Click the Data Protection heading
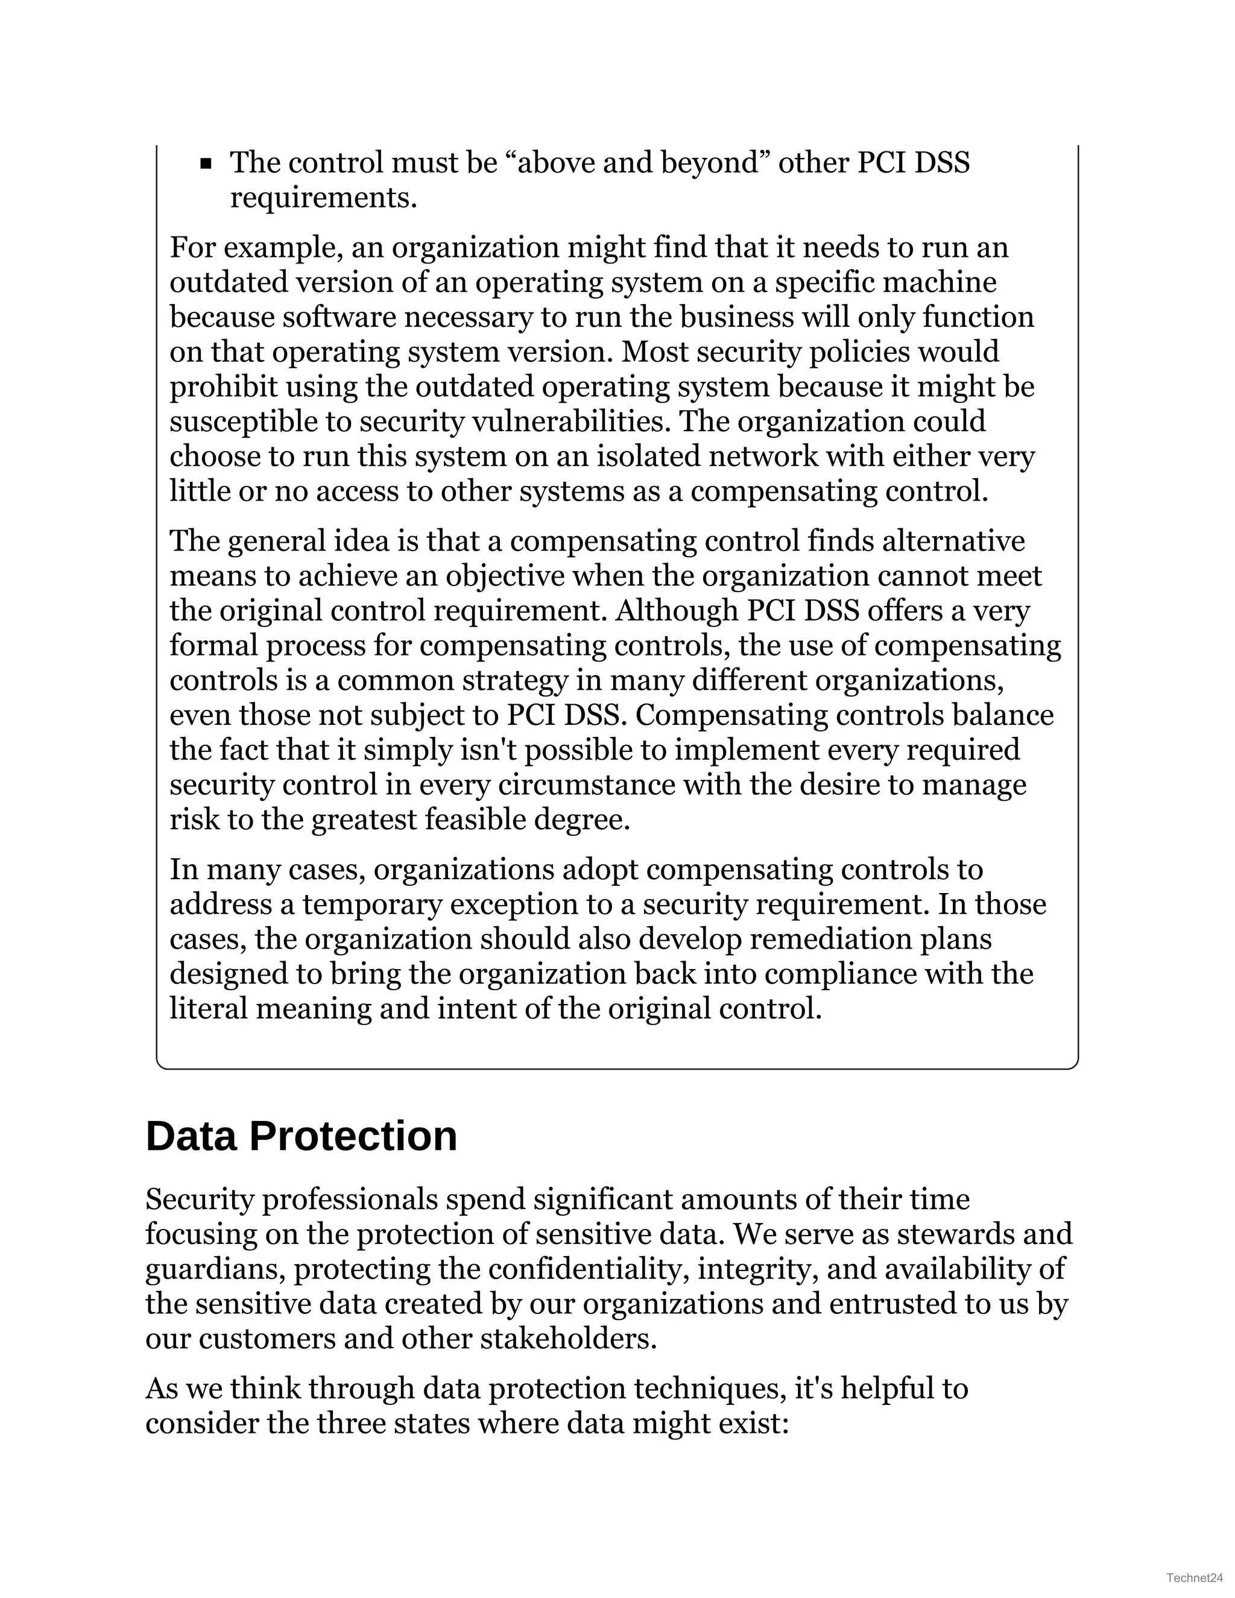click(301, 1136)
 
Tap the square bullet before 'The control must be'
click(206, 164)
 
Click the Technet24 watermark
click(1195, 1577)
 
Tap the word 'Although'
click(677, 610)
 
